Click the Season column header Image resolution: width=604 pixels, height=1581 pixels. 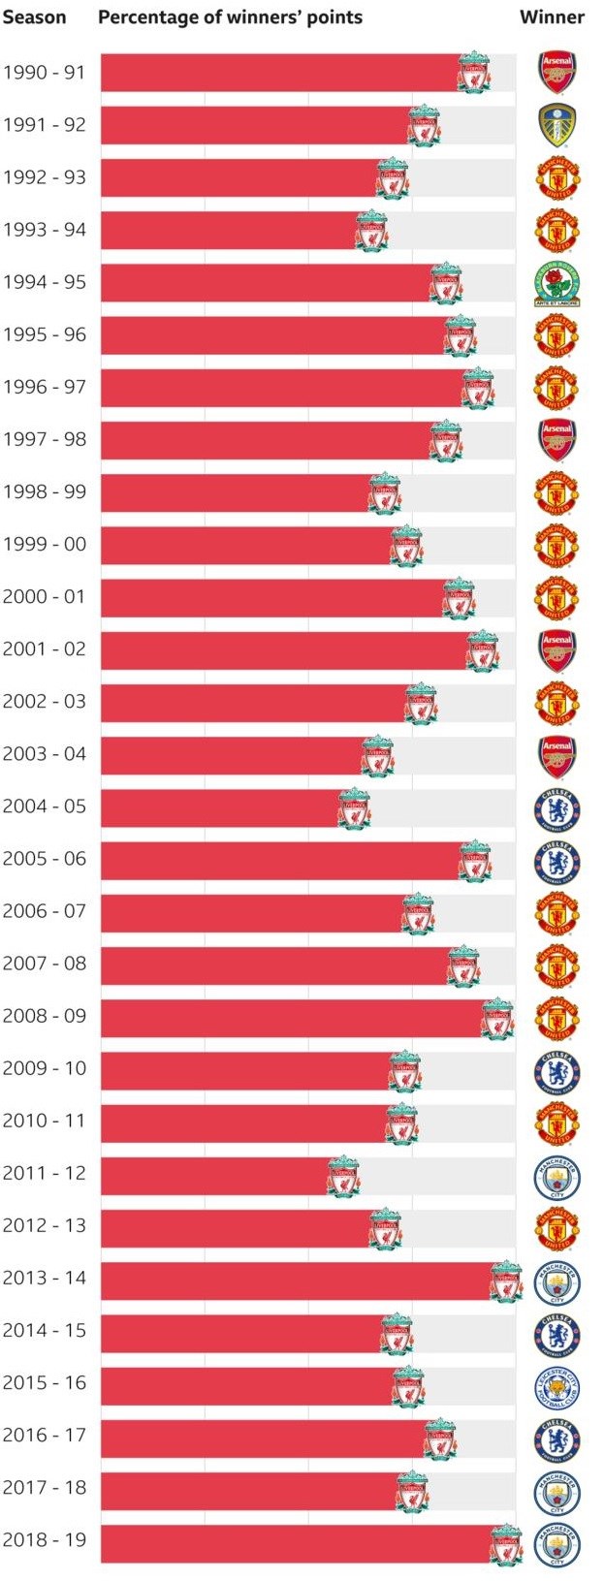34,17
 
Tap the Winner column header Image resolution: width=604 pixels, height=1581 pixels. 552,17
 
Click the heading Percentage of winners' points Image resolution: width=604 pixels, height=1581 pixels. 231,17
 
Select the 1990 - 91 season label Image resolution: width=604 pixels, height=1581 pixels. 45,73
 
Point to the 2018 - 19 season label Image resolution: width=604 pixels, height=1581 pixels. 45,1539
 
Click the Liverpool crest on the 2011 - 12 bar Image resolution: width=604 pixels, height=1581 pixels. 343,1176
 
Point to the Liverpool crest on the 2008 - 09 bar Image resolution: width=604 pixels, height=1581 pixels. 498,1019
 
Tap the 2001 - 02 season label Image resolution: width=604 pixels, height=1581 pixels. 45,648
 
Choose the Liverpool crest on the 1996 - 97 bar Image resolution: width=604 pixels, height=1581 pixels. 478,389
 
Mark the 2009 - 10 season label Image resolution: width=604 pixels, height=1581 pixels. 45,1068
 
